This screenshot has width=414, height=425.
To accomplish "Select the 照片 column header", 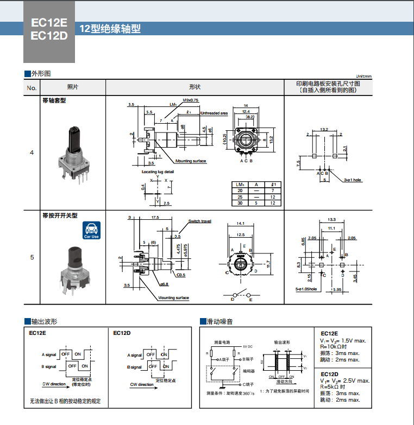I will [x=72, y=87].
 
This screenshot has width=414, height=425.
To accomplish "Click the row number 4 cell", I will [x=32, y=153].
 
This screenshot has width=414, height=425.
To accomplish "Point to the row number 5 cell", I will [x=32, y=257].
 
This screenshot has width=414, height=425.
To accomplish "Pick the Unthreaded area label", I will [x=214, y=113].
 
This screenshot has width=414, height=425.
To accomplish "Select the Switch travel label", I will [x=199, y=221].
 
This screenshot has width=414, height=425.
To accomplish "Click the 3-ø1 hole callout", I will [x=353, y=180].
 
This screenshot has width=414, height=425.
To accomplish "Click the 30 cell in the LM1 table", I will [x=240, y=202].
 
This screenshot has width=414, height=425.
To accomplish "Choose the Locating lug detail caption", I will [x=158, y=172].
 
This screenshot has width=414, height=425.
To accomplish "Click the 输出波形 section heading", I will [x=45, y=322].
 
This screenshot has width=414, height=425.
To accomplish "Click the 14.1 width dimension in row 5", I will [x=242, y=223].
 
